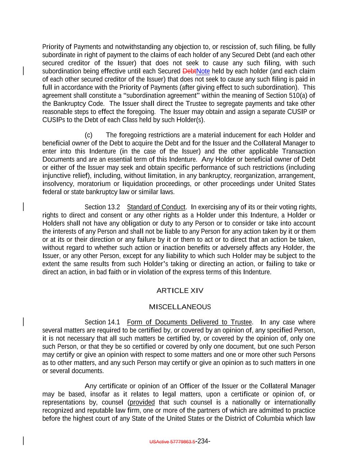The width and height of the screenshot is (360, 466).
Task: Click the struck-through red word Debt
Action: tap(189, 71)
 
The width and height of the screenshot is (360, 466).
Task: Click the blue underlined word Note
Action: tap(203, 71)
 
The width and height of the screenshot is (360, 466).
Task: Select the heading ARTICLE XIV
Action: tap(180, 291)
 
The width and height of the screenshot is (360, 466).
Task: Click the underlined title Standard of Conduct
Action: tap(156, 207)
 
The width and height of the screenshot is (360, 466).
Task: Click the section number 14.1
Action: tap(114, 322)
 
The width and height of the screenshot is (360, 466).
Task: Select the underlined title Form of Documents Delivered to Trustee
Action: tap(189, 322)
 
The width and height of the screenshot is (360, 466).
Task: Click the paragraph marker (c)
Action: tap(88, 135)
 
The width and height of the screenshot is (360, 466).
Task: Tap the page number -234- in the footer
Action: tap(203, 441)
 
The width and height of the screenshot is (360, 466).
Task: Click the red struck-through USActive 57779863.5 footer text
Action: tap(172, 442)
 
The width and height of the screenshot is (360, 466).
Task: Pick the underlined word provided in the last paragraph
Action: tap(142, 403)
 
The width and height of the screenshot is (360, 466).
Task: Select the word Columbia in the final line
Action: tap(271, 419)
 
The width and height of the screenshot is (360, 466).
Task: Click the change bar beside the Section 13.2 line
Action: tap(23, 207)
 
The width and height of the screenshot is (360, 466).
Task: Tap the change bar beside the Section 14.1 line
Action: tap(23, 322)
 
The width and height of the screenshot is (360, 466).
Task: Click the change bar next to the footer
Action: tap(23, 441)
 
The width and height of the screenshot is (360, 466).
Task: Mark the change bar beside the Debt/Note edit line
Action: tap(23, 71)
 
